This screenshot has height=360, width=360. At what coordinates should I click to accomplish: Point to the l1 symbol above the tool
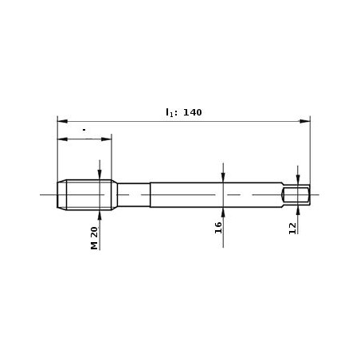[x=170, y=113]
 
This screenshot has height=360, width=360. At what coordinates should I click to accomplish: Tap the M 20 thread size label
[x=94, y=238]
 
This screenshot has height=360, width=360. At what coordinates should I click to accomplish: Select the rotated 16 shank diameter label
[x=217, y=227]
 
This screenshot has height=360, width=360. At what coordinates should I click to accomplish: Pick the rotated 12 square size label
[x=292, y=227]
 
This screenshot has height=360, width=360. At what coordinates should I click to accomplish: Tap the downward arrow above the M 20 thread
[x=100, y=177]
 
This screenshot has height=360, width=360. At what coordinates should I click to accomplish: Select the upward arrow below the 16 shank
[x=223, y=211]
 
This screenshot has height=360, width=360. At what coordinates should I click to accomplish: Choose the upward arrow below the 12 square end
[x=297, y=208]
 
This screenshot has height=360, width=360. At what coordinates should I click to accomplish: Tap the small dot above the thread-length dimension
[x=83, y=127]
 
